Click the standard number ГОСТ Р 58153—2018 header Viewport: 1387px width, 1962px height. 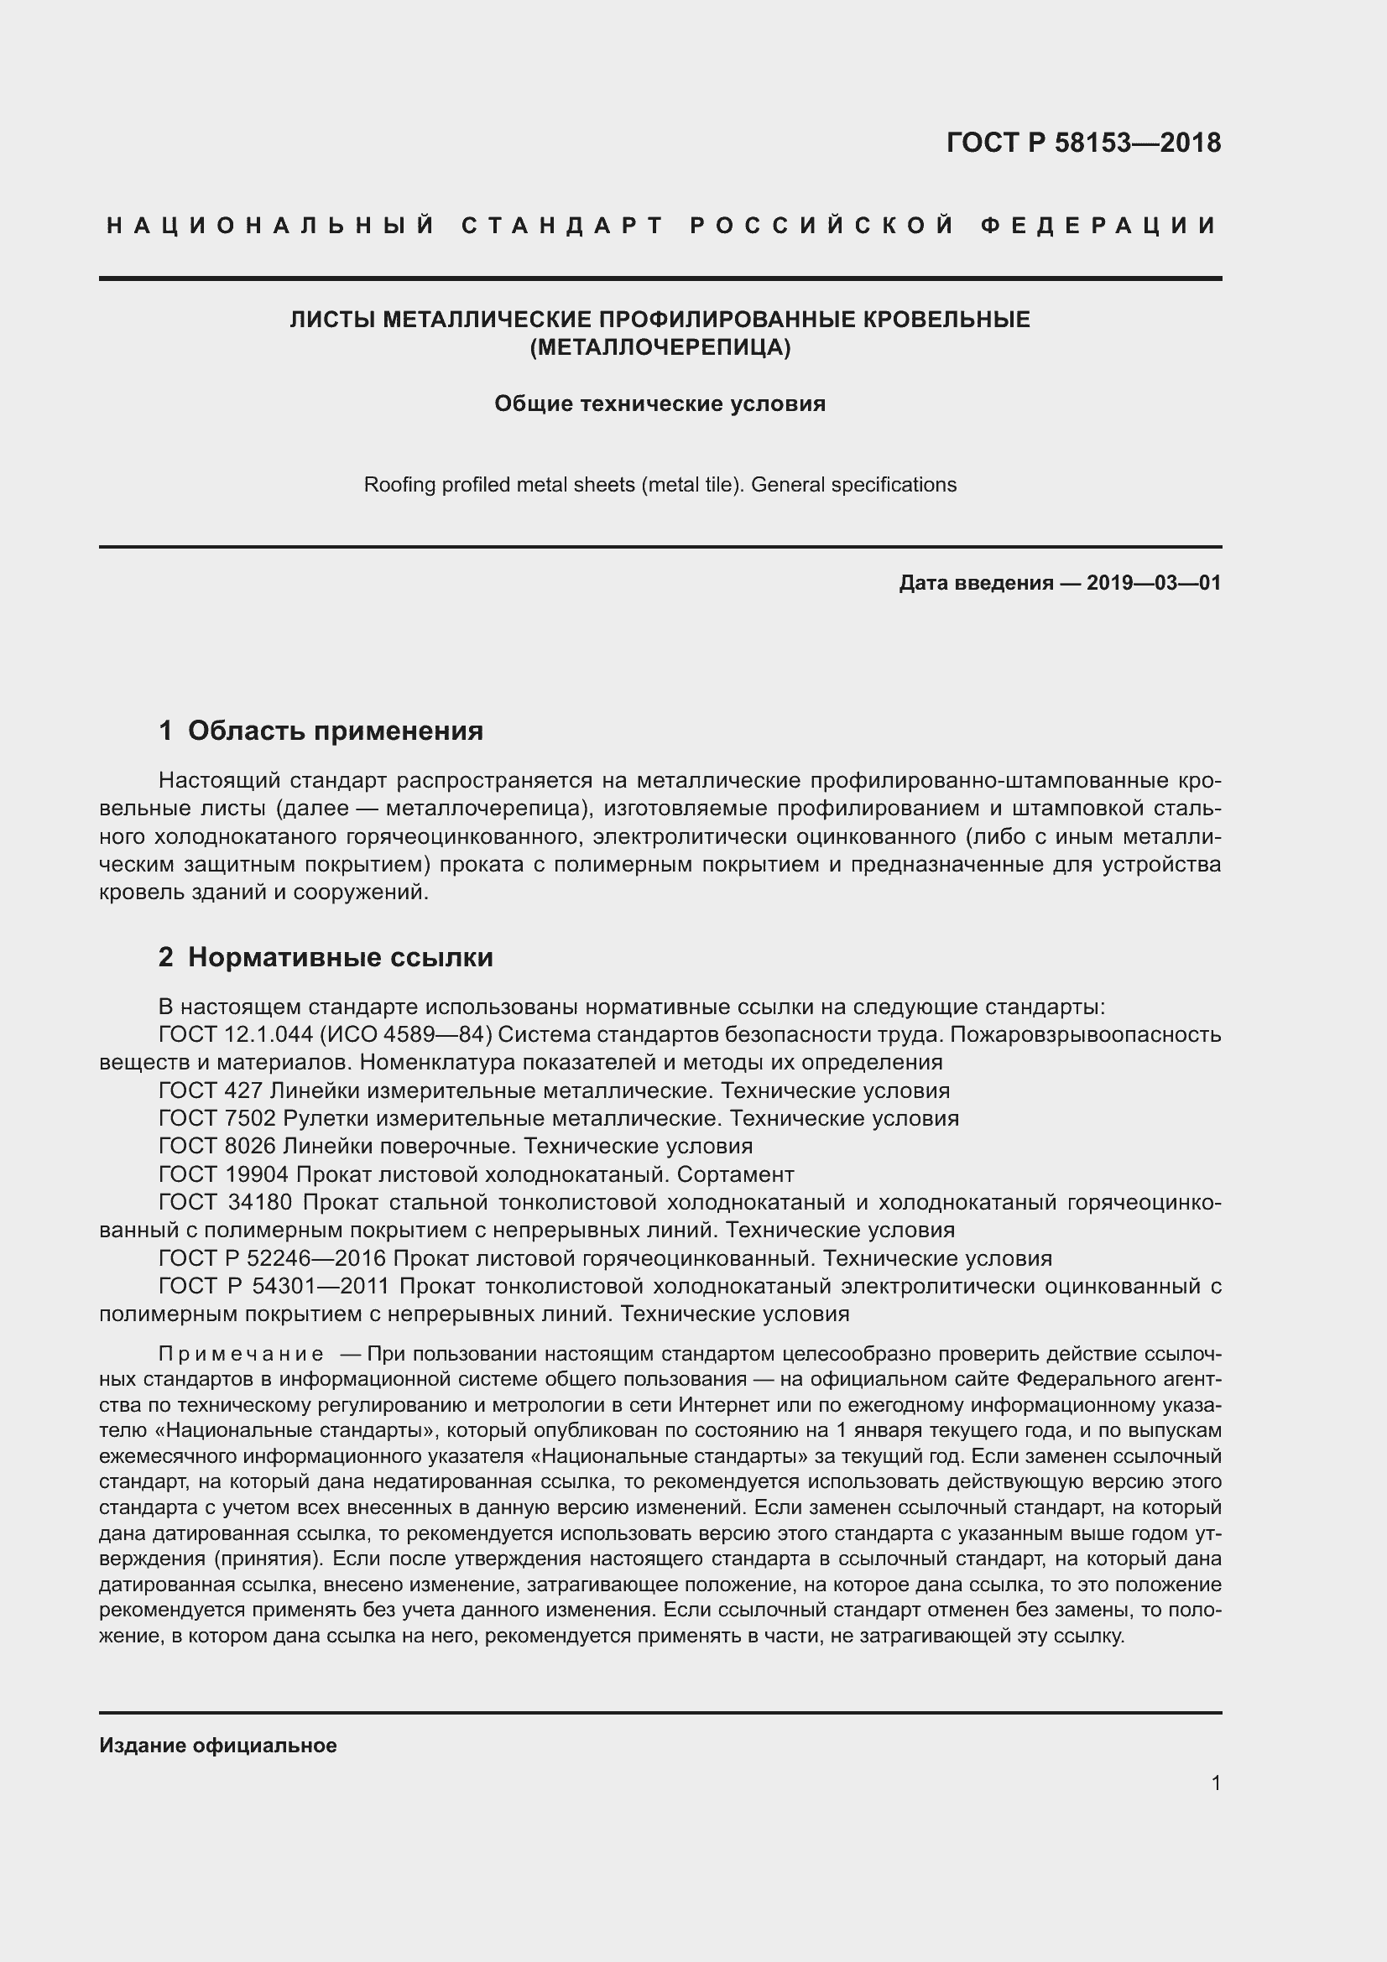point(1082,143)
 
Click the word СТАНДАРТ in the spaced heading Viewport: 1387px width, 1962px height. point(562,226)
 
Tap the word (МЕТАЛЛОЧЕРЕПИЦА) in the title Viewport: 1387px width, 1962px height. point(660,348)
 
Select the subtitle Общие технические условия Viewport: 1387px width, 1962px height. point(660,403)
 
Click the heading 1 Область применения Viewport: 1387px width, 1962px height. point(321,731)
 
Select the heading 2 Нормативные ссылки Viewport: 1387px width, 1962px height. point(326,957)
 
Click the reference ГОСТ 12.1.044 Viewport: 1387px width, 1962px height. point(236,1035)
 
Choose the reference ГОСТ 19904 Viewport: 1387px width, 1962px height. point(224,1174)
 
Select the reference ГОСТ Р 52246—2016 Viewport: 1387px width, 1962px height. point(273,1258)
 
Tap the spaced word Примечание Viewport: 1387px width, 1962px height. point(241,1355)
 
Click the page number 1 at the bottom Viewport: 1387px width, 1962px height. point(1215,1783)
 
